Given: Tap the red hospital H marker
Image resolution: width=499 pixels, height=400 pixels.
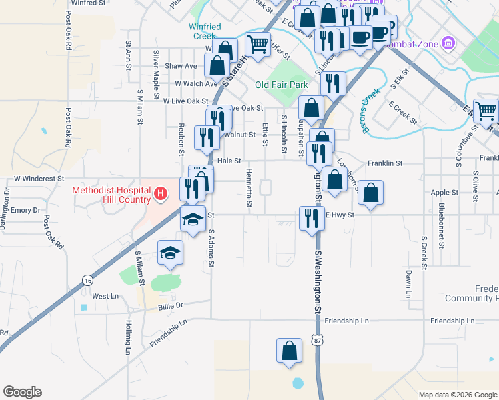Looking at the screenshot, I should point(161,194).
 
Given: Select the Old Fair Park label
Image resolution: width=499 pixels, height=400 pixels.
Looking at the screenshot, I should point(282,85).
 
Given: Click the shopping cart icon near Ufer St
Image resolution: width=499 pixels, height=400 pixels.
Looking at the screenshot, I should point(257,44).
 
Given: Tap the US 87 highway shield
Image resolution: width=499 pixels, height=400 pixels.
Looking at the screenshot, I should point(316,341).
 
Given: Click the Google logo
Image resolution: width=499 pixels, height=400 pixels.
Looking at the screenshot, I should point(22,392).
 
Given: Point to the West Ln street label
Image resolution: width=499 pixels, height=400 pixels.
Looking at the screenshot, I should point(105,296).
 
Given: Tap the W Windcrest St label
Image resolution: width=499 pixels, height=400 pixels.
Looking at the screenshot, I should point(39,179).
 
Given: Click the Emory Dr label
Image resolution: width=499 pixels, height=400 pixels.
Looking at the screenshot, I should point(26,210).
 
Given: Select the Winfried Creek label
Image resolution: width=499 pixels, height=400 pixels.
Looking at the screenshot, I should point(204,31).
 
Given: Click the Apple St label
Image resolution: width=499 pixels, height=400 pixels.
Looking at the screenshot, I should point(444,192).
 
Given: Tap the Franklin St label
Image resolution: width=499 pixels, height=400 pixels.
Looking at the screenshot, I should point(386,163).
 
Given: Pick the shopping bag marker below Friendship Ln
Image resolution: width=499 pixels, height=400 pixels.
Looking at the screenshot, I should point(288,351).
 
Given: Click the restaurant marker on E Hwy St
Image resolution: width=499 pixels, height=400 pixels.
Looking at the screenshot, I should point(311,217).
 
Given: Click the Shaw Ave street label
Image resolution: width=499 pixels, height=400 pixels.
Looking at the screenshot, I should point(181,66).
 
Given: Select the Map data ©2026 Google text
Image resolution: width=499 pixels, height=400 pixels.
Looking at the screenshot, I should point(457,395).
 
